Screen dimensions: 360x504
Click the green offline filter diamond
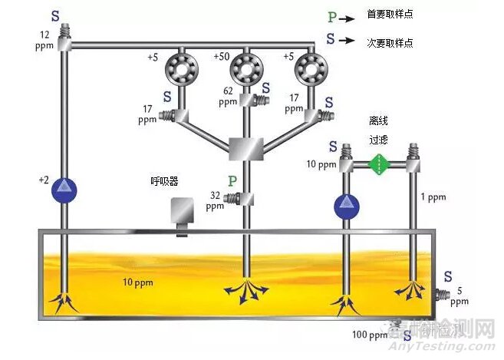(377, 164)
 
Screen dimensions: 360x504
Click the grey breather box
(182, 213)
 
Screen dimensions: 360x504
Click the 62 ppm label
(228, 95)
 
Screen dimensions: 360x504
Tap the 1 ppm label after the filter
(433, 197)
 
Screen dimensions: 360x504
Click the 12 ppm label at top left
(45, 40)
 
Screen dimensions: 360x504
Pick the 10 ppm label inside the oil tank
(137, 283)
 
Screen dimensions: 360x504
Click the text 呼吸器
(164, 182)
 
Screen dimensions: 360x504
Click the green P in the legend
(331, 15)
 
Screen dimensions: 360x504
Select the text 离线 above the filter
(379, 121)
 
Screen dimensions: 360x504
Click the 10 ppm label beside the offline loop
(321, 164)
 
